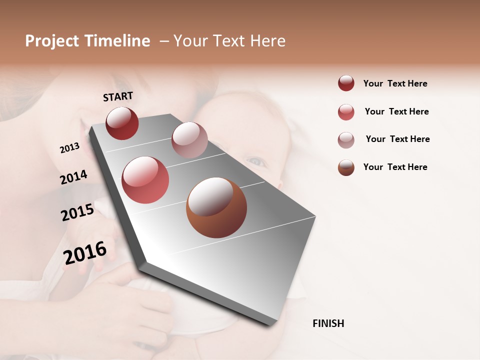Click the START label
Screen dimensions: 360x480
point(118,96)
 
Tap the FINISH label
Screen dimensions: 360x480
point(328,323)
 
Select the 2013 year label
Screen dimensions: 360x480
point(69,148)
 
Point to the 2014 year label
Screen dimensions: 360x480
point(73,177)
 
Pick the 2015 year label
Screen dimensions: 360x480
point(77,212)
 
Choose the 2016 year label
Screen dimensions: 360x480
point(85,252)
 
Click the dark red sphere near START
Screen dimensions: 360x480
point(122,123)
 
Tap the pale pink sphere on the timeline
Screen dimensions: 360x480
point(189,139)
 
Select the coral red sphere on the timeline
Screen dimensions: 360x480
point(145,180)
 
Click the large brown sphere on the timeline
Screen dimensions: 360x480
point(216,207)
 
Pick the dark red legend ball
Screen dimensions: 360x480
point(346,83)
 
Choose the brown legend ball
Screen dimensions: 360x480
point(346,167)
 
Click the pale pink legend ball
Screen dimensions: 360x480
point(346,140)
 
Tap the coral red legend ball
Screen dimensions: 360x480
point(346,112)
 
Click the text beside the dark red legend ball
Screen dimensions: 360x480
point(395,83)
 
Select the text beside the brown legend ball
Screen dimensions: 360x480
point(395,167)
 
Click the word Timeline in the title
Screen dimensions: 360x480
point(117,41)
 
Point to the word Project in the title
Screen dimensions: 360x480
point(52,41)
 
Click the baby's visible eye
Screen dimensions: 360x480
point(256,161)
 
